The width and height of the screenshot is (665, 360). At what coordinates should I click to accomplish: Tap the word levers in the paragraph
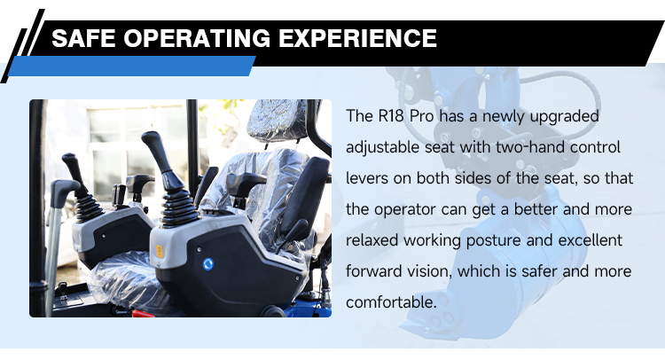tap(367, 177)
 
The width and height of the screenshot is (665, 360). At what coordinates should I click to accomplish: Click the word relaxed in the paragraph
tap(372, 240)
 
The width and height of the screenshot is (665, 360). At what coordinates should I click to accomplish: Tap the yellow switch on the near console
tap(160, 251)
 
